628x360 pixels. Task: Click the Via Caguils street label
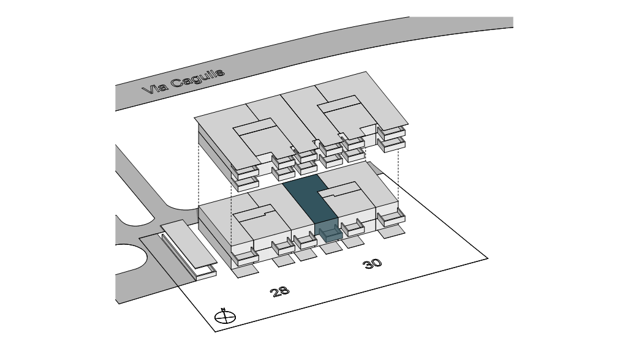pyautogui.click(x=183, y=81)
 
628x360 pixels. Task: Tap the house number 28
pyautogui.click(x=279, y=291)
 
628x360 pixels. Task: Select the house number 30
pyautogui.click(x=372, y=263)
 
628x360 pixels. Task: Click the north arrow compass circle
pyautogui.click(x=225, y=317)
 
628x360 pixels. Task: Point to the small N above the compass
pyautogui.click(x=224, y=309)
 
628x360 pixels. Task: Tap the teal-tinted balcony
pyautogui.click(x=329, y=233)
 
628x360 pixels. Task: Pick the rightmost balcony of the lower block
pyautogui.click(x=391, y=217)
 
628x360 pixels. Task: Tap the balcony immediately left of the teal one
pyautogui.click(x=305, y=241)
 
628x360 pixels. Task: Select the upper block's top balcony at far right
pyautogui.click(x=391, y=132)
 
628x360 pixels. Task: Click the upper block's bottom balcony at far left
pyautogui.click(x=246, y=183)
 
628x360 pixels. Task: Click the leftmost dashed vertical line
pyautogui.click(x=199, y=178)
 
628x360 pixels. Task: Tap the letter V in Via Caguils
pyautogui.click(x=147, y=91)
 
